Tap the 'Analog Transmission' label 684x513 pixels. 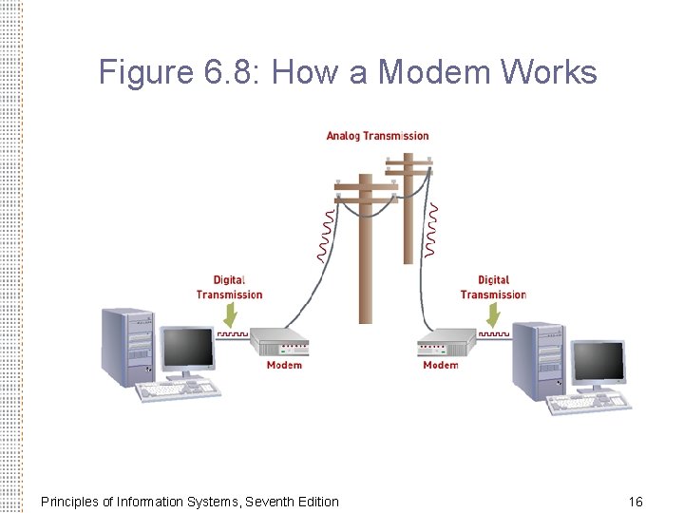click(x=377, y=136)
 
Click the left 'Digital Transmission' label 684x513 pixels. click(x=229, y=287)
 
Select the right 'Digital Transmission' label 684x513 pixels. click(x=493, y=287)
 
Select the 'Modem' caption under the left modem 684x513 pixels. click(x=284, y=365)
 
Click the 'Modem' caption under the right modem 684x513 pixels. click(x=440, y=365)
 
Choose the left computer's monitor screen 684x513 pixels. click(x=186, y=349)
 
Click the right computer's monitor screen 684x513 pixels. click(x=599, y=362)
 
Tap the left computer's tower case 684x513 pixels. click(x=127, y=346)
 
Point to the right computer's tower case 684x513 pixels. click(x=538, y=360)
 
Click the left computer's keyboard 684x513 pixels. click(x=180, y=389)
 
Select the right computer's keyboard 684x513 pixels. click(x=589, y=403)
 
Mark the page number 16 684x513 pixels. click(x=636, y=501)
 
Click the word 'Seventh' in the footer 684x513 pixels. click(x=271, y=501)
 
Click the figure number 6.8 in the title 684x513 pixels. click(x=224, y=72)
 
